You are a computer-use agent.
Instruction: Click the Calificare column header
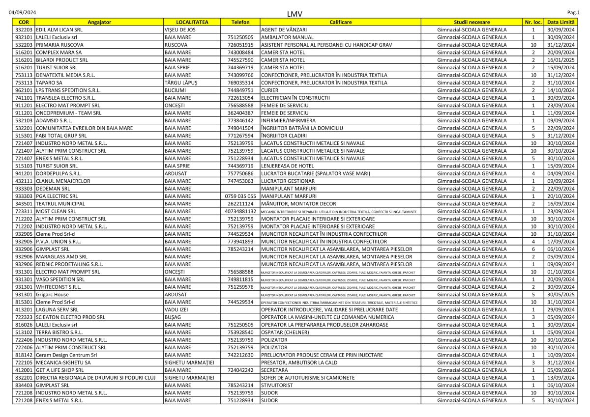coord(340,22)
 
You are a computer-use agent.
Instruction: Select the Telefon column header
coord(240,22)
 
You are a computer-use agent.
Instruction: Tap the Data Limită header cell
coord(560,22)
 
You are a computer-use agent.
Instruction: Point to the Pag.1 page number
coord(574,11)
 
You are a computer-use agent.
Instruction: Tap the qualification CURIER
coord(270,90)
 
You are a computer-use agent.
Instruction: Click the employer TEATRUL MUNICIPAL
coord(60,203)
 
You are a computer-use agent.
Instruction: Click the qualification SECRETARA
coord(274,370)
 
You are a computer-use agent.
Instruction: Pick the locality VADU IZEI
coord(177,309)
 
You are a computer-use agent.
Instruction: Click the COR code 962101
coord(24,90)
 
